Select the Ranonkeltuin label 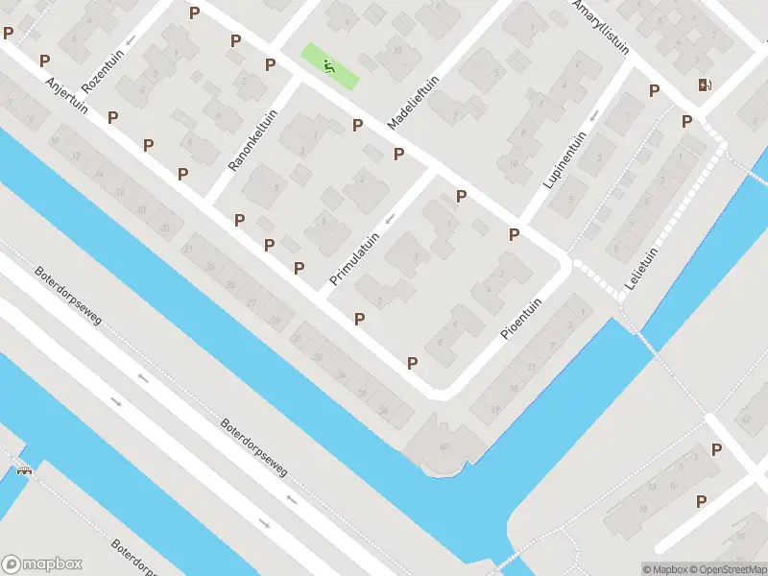(x=252, y=140)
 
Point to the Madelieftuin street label (x=413, y=102)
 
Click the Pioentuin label (x=522, y=317)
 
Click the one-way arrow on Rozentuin (x=131, y=40)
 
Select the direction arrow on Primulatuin (x=389, y=220)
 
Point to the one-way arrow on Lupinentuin (x=595, y=116)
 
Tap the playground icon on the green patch (x=328, y=65)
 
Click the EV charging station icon (x=706, y=84)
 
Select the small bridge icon (x=23, y=470)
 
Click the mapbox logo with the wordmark (x=42, y=564)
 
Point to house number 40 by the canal (x=444, y=447)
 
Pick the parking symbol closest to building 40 (x=413, y=363)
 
